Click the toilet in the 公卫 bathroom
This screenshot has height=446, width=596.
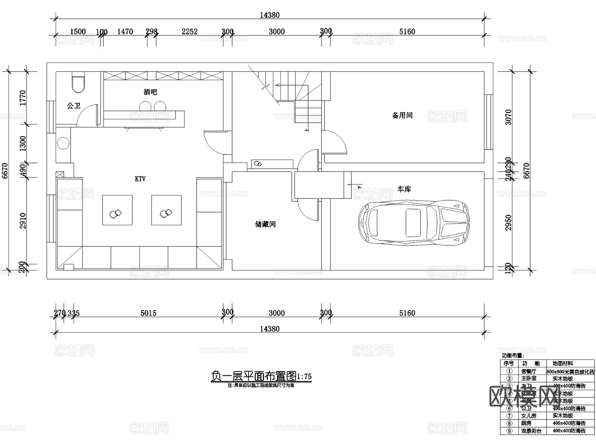(78, 84)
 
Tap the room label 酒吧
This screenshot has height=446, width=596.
(150, 92)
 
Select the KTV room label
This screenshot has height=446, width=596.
(140, 179)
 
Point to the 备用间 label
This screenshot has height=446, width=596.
(402, 115)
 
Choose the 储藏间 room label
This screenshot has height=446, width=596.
(265, 224)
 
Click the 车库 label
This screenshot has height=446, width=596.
(404, 189)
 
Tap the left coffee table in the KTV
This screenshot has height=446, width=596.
(117, 210)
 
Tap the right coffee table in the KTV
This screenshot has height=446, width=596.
(166, 210)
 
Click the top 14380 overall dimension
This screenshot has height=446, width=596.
(270, 15)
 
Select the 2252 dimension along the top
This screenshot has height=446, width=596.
(189, 31)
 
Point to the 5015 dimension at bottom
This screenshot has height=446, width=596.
(148, 313)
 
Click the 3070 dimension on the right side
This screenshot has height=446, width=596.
(508, 117)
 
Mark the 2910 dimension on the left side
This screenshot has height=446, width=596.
(23, 221)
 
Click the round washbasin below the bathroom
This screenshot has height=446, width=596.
(63, 143)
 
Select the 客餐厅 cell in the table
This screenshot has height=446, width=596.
(528, 372)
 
